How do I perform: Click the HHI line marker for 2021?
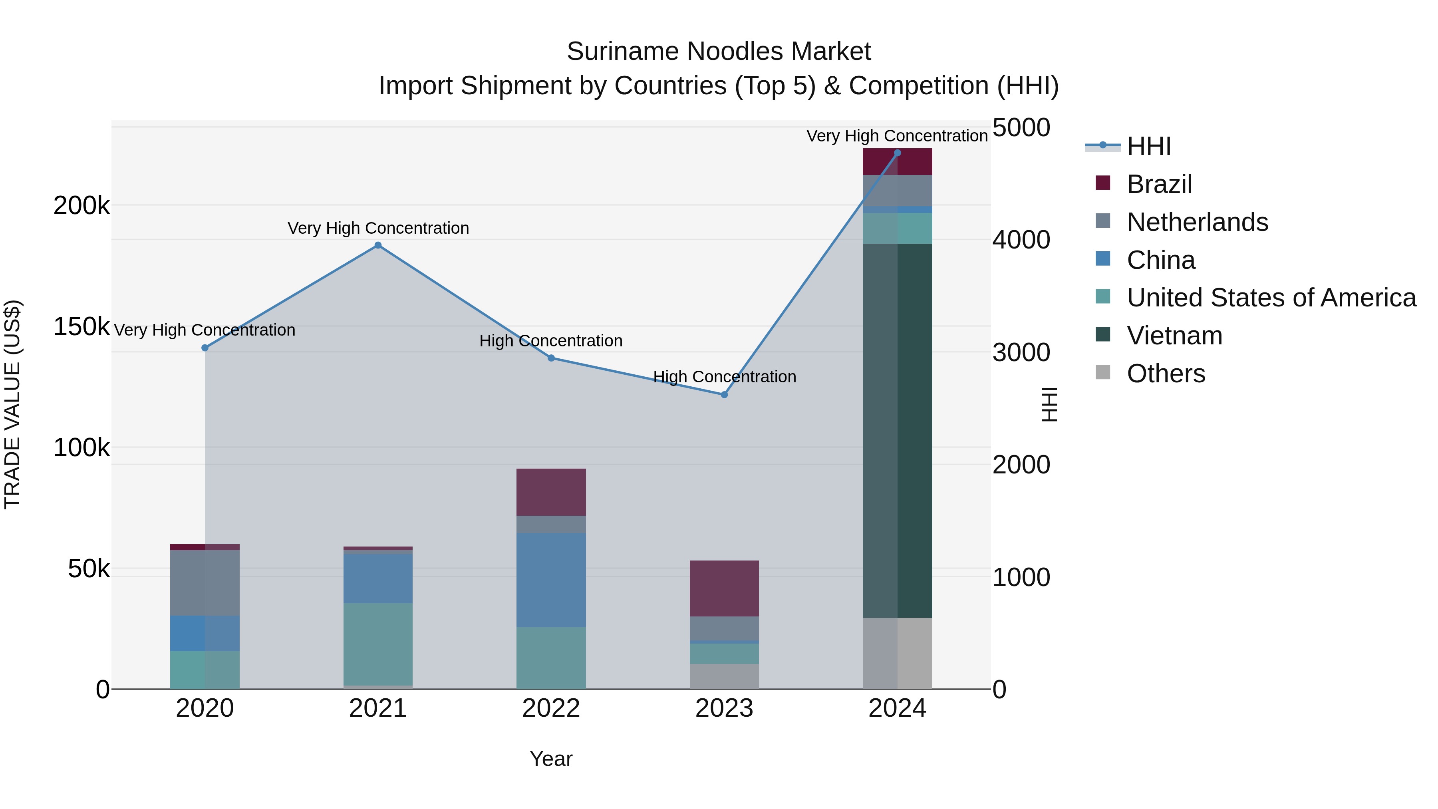378,245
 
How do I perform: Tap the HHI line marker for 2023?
724,395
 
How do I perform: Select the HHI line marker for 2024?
897,153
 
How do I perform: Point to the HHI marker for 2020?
205,348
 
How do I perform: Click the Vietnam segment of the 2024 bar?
897,430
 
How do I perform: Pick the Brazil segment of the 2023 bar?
724,588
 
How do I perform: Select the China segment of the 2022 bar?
551,580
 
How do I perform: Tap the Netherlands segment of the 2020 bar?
205,582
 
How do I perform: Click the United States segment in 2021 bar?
378,644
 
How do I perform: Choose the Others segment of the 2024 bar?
897,653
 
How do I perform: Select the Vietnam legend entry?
1174,336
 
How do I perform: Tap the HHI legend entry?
1148,146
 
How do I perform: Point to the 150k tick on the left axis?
81,327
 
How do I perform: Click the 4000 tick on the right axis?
1021,240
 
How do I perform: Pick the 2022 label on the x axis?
551,708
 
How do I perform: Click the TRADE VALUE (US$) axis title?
12,404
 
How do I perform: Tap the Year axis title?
551,759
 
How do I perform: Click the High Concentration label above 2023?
725,377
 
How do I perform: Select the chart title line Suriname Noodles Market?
719,52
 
